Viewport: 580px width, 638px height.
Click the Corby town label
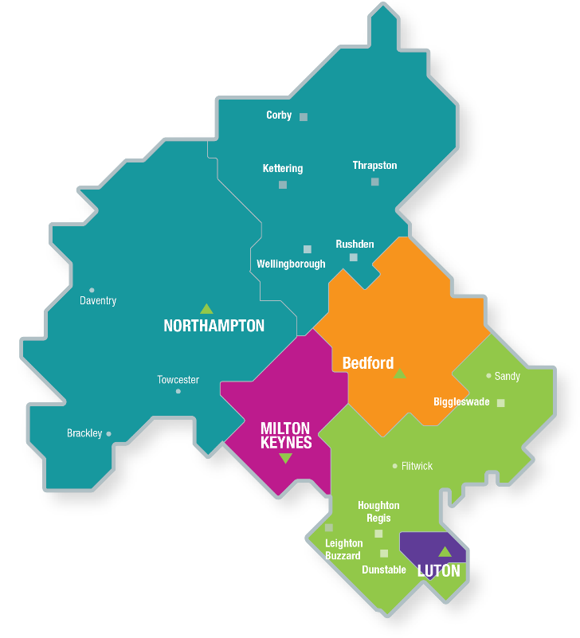pyautogui.click(x=279, y=115)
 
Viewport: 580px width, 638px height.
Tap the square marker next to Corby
pyautogui.click(x=304, y=117)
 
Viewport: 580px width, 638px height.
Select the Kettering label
pyautogui.click(x=283, y=169)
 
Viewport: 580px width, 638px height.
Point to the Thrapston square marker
pyautogui.click(x=374, y=182)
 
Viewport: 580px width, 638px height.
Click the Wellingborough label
pyautogui.click(x=291, y=264)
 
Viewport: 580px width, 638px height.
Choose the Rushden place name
pyautogui.click(x=355, y=245)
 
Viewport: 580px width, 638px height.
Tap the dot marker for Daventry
pyautogui.click(x=92, y=290)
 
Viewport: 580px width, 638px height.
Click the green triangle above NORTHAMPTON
pyautogui.click(x=206, y=309)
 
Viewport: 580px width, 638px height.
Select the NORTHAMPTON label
pyautogui.click(x=214, y=326)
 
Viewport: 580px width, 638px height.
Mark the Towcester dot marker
pyautogui.click(x=178, y=391)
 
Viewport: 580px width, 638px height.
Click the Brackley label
pyautogui.click(x=84, y=433)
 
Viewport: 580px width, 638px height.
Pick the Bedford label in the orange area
pyautogui.click(x=367, y=363)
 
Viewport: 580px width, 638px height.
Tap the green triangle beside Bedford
pyautogui.click(x=400, y=374)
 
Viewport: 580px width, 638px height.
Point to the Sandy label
pyautogui.click(x=507, y=376)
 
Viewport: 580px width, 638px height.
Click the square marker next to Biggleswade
pyautogui.click(x=500, y=403)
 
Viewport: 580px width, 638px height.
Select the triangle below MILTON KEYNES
pyautogui.click(x=285, y=458)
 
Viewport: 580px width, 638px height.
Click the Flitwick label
pyautogui.click(x=417, y=466)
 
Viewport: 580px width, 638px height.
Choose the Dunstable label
pyautogui.click(x=384, y=570)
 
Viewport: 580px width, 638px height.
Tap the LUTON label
pyautogui.click(x=439, y=571)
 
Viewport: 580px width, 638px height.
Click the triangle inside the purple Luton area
pyautogui.click(x=445, y=552)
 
